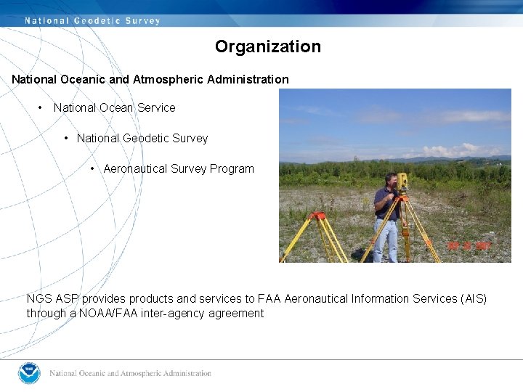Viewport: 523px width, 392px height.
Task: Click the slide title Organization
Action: click(x=267, y=46)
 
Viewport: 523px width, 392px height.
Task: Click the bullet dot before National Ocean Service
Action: click(x=41, y=107)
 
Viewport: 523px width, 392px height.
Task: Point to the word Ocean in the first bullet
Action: click(x=116, y=107)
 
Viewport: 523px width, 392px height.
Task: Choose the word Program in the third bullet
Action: click(x=232, y=168)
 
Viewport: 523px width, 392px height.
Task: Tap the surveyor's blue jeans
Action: click(x=386, y=240)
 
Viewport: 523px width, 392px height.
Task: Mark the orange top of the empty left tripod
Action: click(x=317, y=216)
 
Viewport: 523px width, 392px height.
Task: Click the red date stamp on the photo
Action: click(x=469, y=245)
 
